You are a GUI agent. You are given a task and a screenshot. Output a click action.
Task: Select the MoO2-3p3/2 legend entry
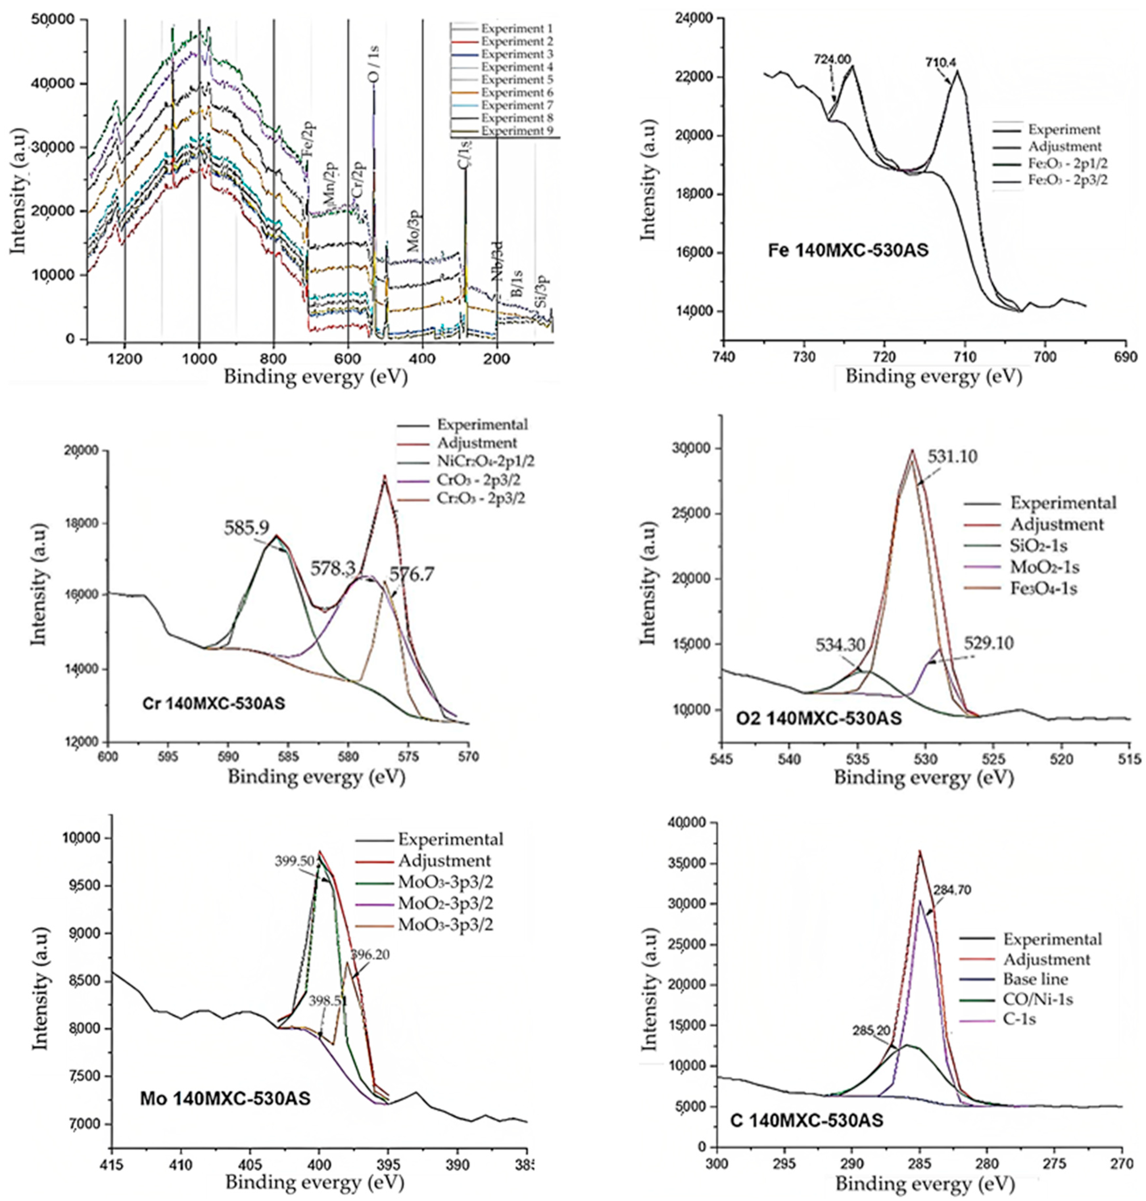coord(445,902)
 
